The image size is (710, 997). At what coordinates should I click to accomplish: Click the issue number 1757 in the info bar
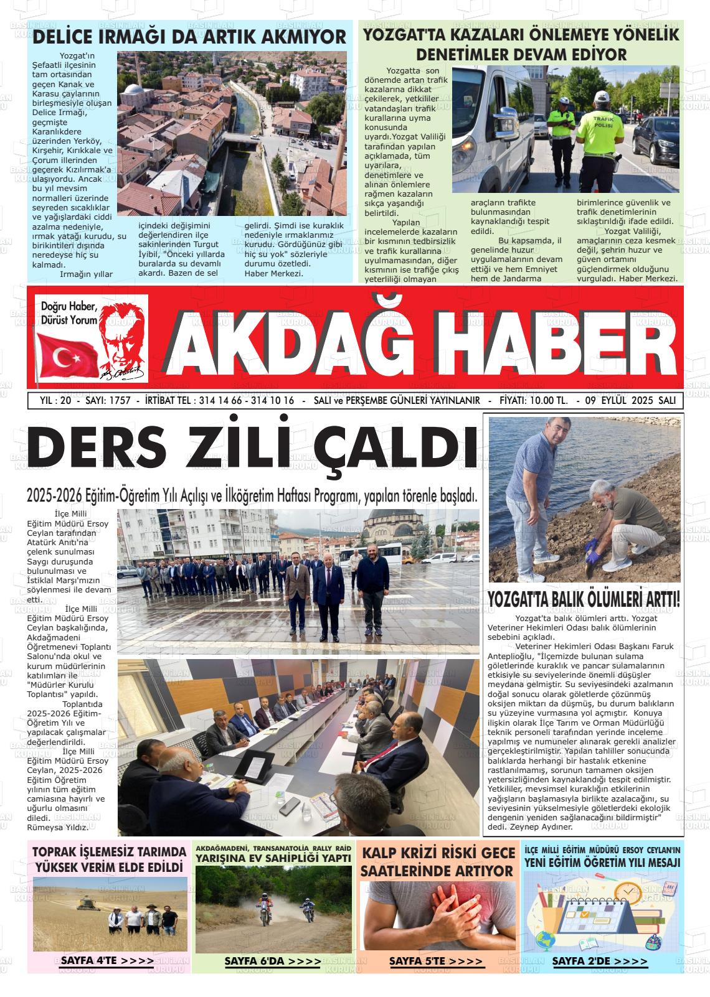point(118,400)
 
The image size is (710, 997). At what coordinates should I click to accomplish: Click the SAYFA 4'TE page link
point(107,960)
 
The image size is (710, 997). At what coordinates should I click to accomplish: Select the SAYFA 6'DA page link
point(273,961)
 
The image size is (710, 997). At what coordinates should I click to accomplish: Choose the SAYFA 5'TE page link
point(436,961)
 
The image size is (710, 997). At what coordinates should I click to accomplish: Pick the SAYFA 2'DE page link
point(599,961)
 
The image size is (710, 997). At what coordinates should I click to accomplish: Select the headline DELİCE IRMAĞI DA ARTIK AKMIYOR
point(189,37)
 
